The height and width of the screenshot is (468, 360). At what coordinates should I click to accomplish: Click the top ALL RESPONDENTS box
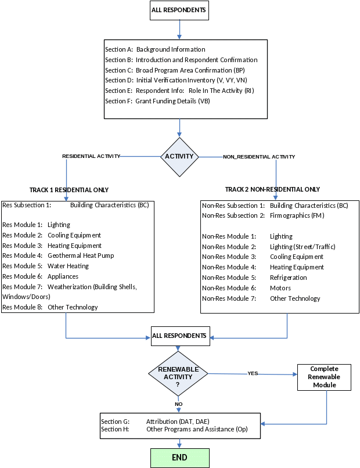click(179, 10)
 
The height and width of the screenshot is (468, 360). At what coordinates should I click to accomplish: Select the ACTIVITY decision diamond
click(179, 157)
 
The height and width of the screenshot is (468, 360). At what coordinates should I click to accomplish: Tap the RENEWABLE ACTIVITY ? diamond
click(178, 376)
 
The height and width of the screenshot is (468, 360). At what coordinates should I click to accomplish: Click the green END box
click(179, 458)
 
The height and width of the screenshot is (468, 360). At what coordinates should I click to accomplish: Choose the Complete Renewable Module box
click(324, 377)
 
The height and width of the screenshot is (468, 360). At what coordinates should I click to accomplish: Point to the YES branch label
click(253, 373)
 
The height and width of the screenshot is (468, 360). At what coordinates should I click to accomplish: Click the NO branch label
click(178, 404)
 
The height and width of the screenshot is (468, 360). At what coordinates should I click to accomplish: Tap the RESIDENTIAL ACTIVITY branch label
click(91, 156)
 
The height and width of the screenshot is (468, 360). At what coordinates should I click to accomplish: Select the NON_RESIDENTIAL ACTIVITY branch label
click(259, 157)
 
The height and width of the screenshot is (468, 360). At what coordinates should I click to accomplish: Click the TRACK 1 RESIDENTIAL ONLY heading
click(69, 190)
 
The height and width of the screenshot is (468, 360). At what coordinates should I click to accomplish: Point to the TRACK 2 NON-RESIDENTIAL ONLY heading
click(272, 189)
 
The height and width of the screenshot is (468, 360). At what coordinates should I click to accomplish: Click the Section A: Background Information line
click(155, 50)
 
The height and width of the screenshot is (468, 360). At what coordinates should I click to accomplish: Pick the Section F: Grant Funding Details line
click(157, 101)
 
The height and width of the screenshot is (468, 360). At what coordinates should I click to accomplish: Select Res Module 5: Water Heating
click(46, 266)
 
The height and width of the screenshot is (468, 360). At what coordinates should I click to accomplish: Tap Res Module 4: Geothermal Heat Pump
click(58, 255)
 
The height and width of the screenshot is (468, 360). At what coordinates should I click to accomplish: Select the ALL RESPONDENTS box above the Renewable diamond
click(179, 336)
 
